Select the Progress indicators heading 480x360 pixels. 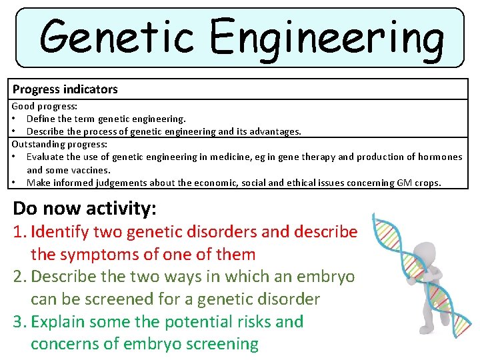[65, 89]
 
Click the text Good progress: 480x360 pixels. [44, 106]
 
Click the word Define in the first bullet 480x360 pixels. [41, 119]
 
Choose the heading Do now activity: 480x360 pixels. [85, 208]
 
